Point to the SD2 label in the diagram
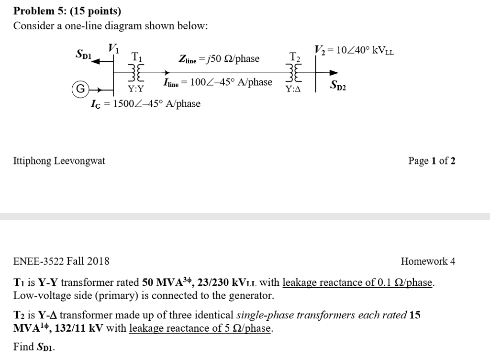[x=338, y=87]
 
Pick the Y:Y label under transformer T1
[x=135, y=89]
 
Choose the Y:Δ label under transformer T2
[x=292, y=89]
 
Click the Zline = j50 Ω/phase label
[x=219, y=59]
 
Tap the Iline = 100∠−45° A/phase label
[x=218, y=82]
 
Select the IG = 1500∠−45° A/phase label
[x=145, y=104]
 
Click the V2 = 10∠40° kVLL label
[x=354, y=50]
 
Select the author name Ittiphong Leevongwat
[x=59, y=161]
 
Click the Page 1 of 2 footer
[x=432, y=161]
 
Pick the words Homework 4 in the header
[x=428, y=261]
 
